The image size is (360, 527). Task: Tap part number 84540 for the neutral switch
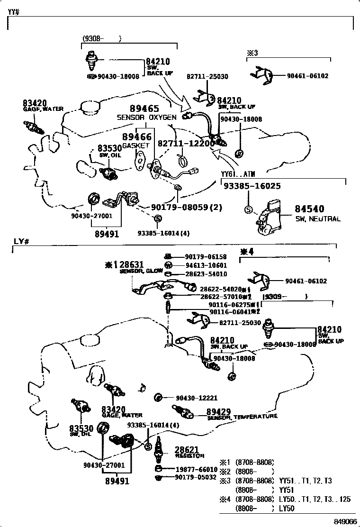pos(309,209)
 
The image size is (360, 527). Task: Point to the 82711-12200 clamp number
pos(183,143)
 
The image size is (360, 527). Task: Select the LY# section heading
pos(22,241)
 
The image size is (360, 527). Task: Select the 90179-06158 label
pos(206,257)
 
